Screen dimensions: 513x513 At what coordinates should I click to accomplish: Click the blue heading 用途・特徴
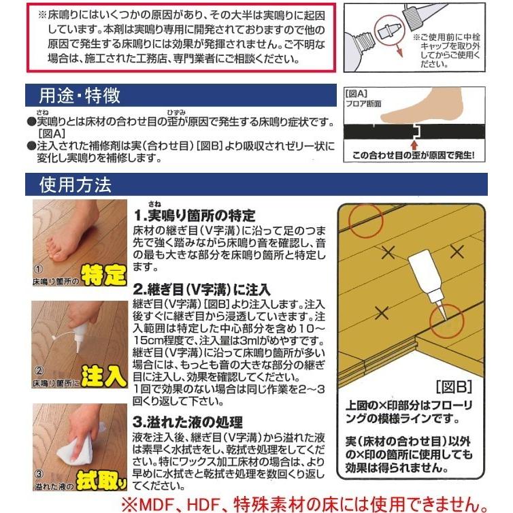click(80, 95)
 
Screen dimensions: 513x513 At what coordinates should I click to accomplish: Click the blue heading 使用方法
click(76, 185)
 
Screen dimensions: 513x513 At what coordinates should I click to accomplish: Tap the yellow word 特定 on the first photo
click(103, 275)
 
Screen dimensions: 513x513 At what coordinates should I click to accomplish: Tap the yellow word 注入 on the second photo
click(103, 376)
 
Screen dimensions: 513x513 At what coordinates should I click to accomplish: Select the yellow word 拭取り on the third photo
click(101, 480)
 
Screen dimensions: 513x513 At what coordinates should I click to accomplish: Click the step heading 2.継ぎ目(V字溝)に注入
click(201, 290)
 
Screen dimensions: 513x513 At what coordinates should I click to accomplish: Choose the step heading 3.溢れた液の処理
click(188, 422)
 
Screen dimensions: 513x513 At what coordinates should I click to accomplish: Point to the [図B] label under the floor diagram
click(454, 386)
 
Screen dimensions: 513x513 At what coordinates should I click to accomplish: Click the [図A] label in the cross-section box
click(357, 94)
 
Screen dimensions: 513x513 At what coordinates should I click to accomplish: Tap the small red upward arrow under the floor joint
click(415, 144)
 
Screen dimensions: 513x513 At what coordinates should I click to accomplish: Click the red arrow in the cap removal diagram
click(398, 48)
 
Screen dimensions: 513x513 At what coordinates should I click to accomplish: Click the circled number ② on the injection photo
click(39, 371)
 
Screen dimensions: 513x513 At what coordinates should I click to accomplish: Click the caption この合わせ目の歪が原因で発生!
click(414, 155)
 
